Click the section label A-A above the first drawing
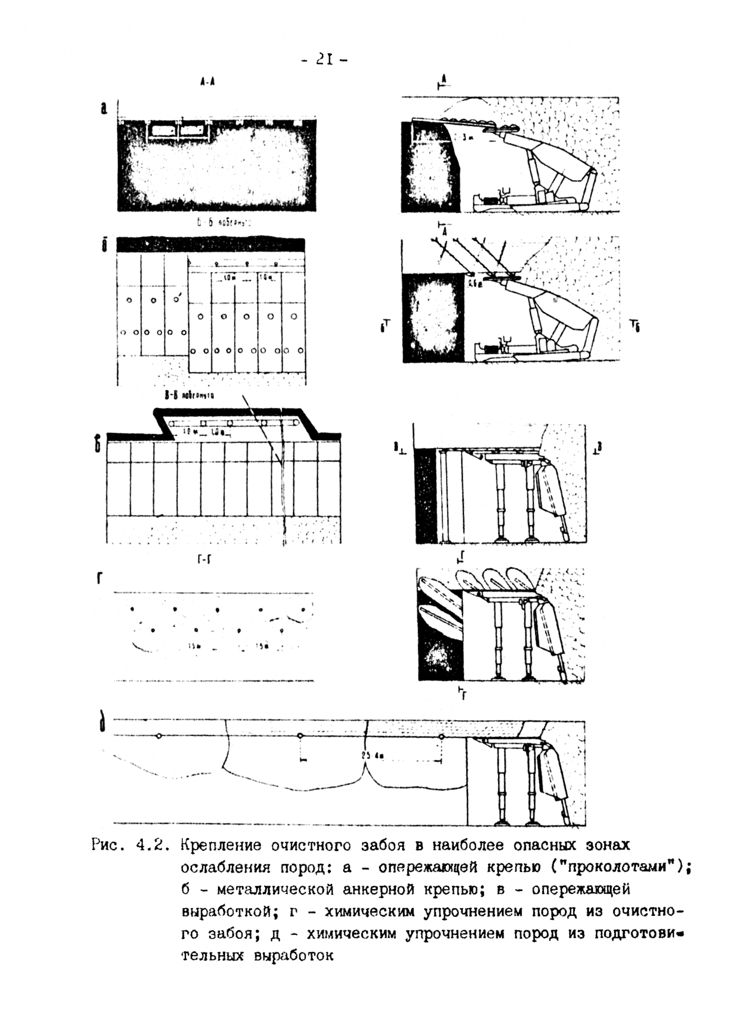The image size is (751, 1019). tap(207, 82)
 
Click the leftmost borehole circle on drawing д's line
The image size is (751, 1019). tap(158, 736)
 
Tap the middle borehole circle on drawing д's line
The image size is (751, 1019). tap(300, 736)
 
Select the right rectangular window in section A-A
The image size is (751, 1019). tap(193, 130)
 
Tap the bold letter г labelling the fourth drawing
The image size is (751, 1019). tap(99, 579)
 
